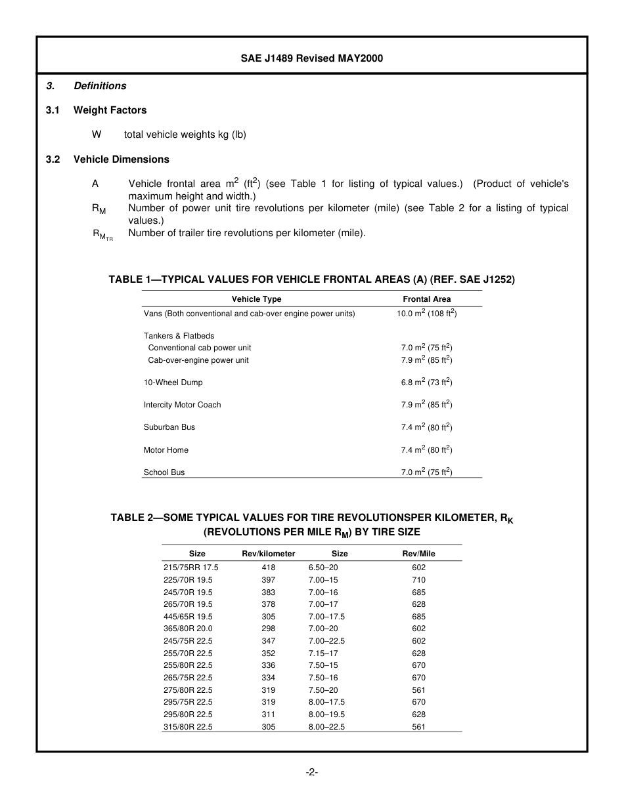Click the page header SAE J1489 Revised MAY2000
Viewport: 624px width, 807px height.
[311, 58]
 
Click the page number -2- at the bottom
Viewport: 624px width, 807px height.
[312, 772]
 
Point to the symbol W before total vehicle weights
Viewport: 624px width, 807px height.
[97, 134]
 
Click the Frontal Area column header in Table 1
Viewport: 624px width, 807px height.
[427, 299]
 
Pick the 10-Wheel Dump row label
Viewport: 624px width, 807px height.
[173, 383]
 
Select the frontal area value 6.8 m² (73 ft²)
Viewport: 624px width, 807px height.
[427, 382]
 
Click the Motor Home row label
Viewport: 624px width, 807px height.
[166, 450]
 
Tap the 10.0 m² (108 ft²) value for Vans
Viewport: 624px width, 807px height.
[427, 314]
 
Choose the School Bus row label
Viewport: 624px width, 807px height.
[164, 472]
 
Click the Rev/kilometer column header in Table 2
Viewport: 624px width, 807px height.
[269, 554]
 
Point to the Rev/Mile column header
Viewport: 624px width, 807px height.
[418, 554]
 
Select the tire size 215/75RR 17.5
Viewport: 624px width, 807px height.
[190, 568]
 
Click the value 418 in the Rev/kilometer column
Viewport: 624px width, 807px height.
[268, 568]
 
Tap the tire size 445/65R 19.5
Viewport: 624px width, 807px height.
[188, 617]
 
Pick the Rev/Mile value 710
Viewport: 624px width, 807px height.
[418, 580]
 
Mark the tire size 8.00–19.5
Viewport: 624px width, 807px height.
[326, 714]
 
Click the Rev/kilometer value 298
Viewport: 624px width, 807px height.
[268, 629]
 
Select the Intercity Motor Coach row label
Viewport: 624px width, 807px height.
[182, 405]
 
